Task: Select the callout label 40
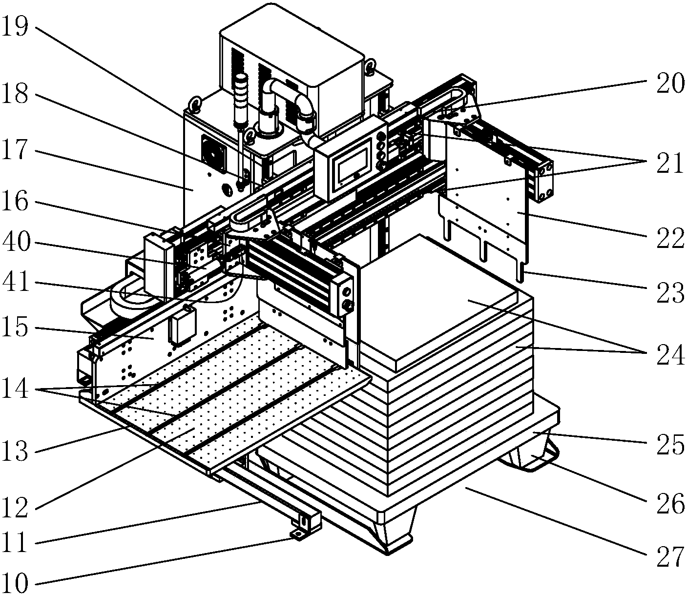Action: click(x=15, y=243)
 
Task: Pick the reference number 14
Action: click(x=15, y=390)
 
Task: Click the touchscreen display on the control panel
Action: click(x=354, y=162)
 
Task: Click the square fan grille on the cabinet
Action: click(x=214, y=153)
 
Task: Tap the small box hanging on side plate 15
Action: click(x=182, y=326)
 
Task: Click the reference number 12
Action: click(x=15, y=508)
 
